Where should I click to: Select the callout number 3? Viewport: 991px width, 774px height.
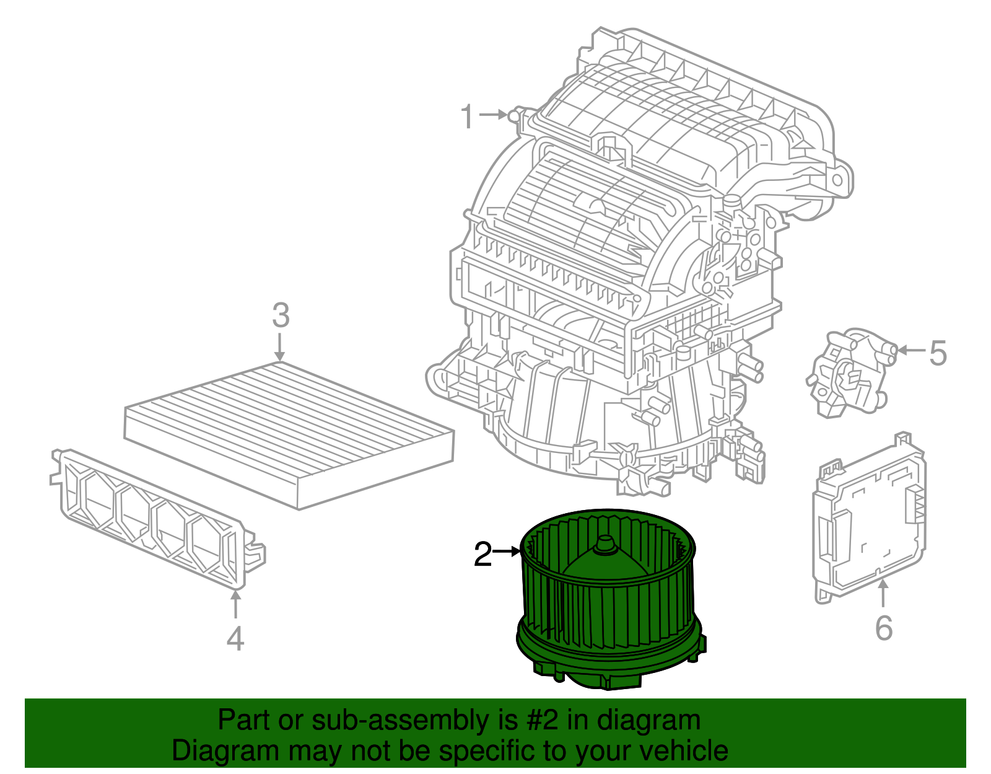(x=281, y=316)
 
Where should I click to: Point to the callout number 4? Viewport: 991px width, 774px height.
(x=235, y=639)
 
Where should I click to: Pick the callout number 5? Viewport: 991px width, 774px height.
(x=938, y=353)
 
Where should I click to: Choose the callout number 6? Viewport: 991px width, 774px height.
(x=884, y=628)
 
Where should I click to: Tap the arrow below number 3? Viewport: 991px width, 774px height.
(x=280, y=347)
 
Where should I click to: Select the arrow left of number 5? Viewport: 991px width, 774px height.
(x=910, y=350)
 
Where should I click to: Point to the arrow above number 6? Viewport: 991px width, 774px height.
(x=883, y=592)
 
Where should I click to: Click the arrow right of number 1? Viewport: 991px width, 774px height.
(x=494, y=115)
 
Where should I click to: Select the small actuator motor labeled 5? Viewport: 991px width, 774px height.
(x=849, y=372)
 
